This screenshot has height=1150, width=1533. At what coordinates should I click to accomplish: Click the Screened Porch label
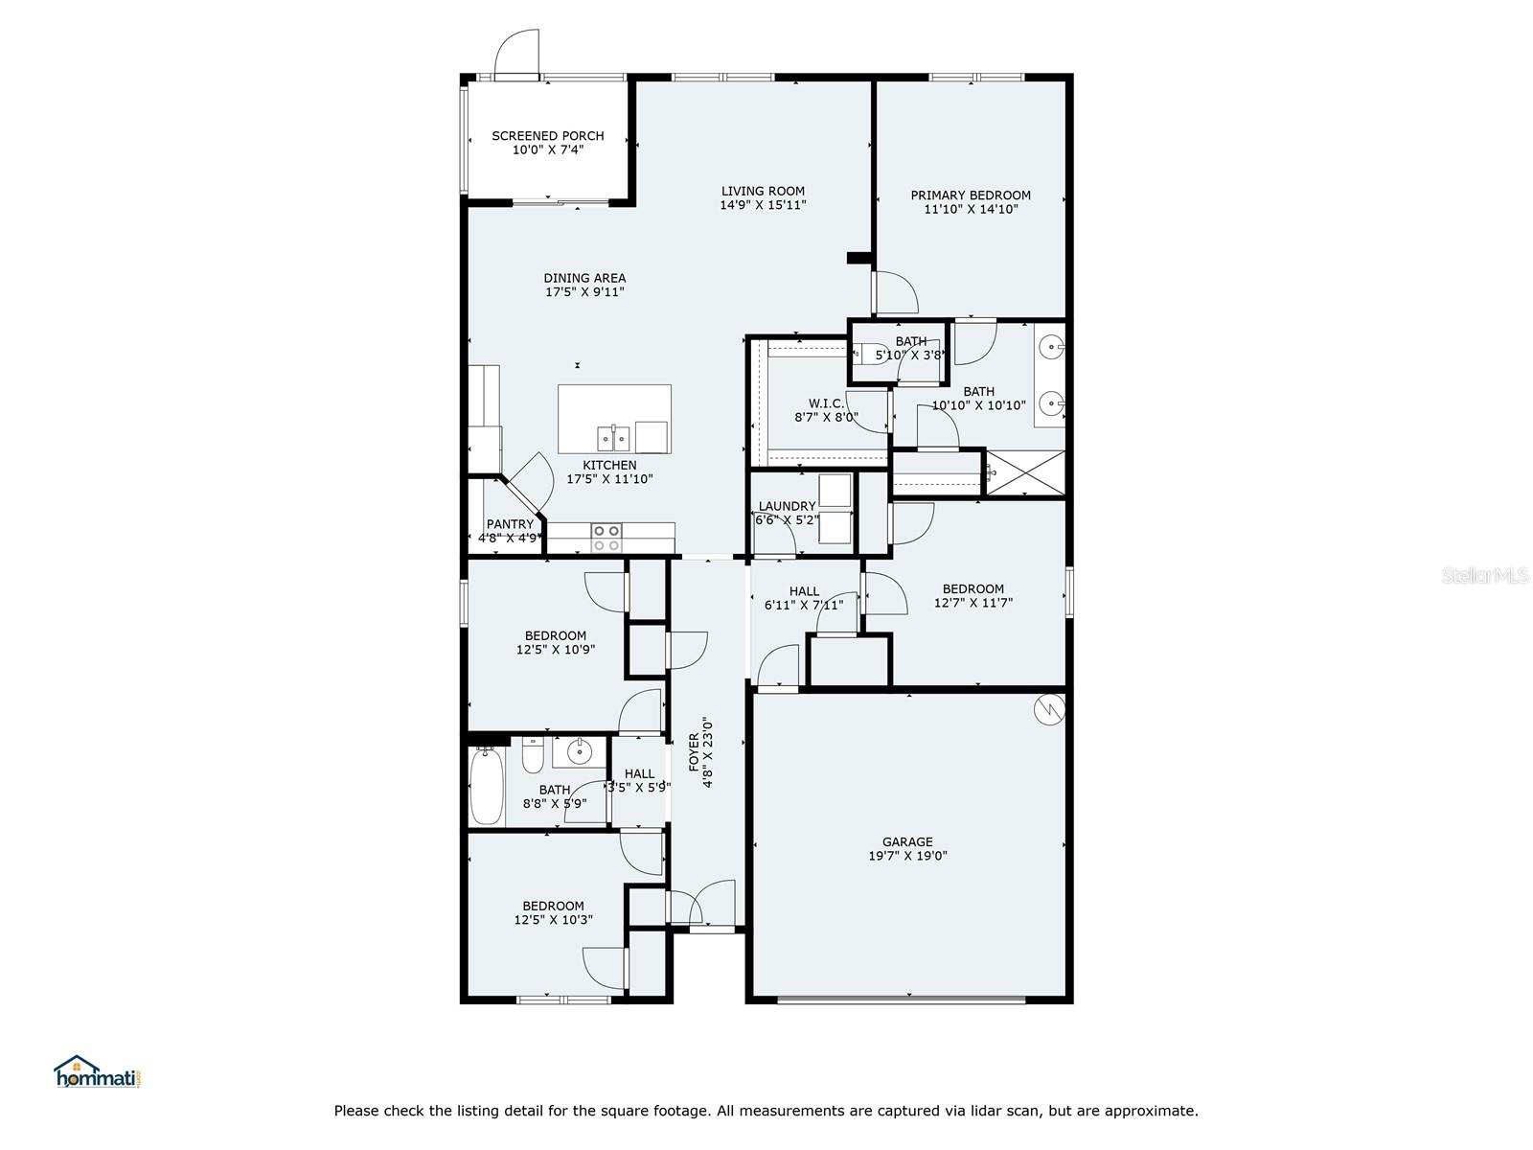pos(547,136)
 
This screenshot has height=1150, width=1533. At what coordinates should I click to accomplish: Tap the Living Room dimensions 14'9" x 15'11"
pos(763,205)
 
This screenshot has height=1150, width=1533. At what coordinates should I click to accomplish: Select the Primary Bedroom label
pos(971,195)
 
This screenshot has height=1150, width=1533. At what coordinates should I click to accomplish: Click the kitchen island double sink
pos(613,439)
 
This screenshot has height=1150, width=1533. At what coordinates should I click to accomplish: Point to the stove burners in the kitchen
pos(606,538)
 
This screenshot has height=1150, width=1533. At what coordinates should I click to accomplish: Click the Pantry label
pos(510,524)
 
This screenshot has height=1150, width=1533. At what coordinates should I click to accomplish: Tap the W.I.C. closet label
pos(826,403)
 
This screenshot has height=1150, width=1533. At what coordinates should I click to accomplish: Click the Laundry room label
pos(787,506)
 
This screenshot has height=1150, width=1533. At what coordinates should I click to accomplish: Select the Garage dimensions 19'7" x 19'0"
pos(907,857)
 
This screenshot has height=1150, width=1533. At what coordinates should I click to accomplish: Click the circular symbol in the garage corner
pos(1049,709)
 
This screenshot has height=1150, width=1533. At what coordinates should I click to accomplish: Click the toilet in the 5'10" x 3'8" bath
pos(870,354)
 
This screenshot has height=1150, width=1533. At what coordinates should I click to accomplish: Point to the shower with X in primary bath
pos(1024,472)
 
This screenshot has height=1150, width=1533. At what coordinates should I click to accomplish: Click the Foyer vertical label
pos(700,752)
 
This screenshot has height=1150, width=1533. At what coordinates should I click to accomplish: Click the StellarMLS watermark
pos(1484,575)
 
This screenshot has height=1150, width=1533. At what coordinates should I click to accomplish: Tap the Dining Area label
pos(584,279)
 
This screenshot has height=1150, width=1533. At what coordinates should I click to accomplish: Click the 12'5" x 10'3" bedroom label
pos(553,912)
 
